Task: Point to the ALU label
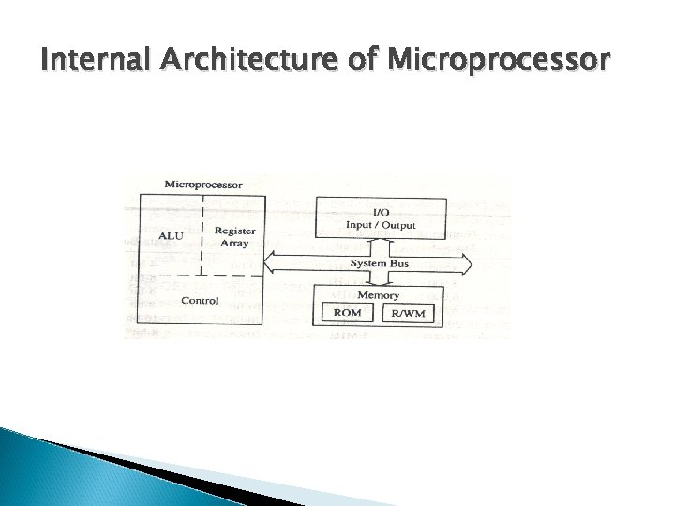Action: (x=171, y=236)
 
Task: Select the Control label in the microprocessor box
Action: (x=200, y=301)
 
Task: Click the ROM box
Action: (x=348, y=313)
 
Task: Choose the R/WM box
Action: (x=409, y=313)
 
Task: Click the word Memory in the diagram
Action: (x=378, y=295)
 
